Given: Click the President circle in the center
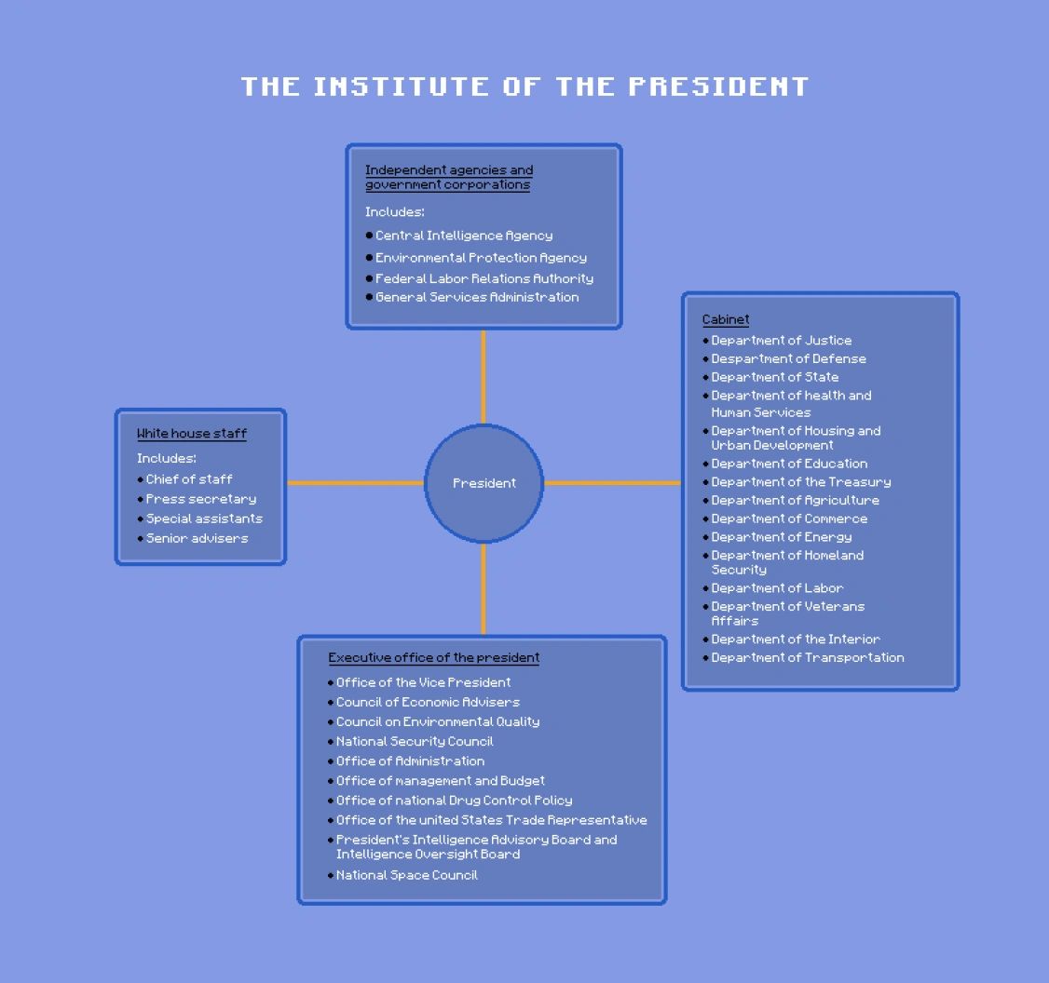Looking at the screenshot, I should click(x=484, y=483).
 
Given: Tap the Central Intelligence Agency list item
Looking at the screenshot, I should click(x=463, y=236).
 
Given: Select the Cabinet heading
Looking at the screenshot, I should click(x=726, y=319).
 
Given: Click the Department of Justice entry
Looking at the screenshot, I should click(x=781, y=341).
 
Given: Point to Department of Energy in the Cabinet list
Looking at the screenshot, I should click(x=781, y=537).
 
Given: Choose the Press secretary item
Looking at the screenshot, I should click(x=200, y=499).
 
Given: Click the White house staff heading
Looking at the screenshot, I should click(x=192, y=434).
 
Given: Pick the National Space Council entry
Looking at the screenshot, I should click(x=406, y=875).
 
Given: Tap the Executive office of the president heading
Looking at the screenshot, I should click(x=434, y=658).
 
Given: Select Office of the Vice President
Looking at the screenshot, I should click(x=423, y=682).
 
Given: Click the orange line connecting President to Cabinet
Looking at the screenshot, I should click(x=612, y=483).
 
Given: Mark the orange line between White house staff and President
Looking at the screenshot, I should click(x=355, y=483).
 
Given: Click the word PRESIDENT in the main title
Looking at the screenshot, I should click(x=718, y=87).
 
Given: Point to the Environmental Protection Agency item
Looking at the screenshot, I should click(x=481, y=258).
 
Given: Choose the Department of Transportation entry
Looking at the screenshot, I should click(x=807, y=657).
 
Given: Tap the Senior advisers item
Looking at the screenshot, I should click(x=197, y=538).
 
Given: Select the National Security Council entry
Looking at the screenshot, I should click(x=415, y=742).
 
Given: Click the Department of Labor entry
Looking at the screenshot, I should click(x=777, y=588).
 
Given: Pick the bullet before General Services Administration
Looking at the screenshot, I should click(x=369, y=298).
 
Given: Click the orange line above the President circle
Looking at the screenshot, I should click(x=484, y=376).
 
